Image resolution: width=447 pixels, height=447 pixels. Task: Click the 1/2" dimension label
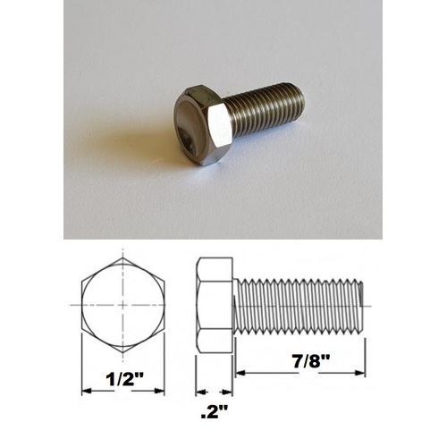click(125, 380)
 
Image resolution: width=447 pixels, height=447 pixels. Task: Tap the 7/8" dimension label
click(311, 362)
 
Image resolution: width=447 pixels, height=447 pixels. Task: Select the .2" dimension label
click(215, 412)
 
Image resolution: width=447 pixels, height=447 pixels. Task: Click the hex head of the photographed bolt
click(203, 122)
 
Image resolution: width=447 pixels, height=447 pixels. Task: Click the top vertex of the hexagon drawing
click(122, 257)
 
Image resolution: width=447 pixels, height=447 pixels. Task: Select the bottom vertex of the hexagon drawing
click(122, 352)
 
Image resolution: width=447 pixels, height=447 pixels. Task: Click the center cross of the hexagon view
click(122, 305)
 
